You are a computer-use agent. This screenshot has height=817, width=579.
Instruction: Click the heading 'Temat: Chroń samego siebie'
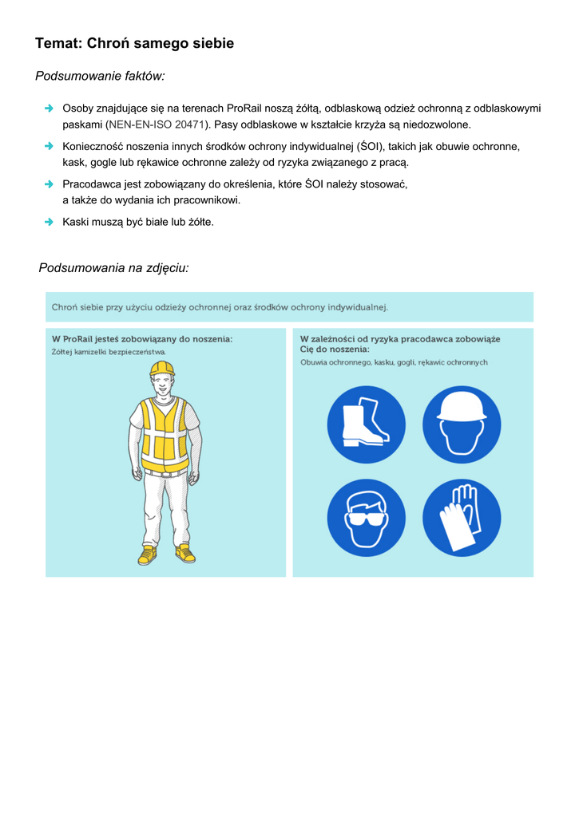click(134, 44)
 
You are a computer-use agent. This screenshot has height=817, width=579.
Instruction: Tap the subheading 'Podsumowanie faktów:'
click(100, 77)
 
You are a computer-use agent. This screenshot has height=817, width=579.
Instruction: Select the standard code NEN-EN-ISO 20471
click(157, 124)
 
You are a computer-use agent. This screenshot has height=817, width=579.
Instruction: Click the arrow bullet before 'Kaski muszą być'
click(49, 221)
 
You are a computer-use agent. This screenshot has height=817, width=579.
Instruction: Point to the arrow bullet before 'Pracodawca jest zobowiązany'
click(49, 184)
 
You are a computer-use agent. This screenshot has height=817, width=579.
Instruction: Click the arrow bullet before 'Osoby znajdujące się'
click(49, 108)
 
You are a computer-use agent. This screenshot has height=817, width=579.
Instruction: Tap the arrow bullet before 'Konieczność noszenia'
click(49, 146)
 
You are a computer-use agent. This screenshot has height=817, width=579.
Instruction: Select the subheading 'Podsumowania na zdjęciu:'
click(113, 268)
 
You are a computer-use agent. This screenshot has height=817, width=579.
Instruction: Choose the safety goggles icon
click(366, 518)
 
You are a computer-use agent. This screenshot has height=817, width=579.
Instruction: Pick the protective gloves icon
click(462, 518)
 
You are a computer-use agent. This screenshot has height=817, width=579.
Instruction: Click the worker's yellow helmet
click(162, 368)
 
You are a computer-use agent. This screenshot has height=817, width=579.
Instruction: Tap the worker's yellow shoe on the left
click(147, 555)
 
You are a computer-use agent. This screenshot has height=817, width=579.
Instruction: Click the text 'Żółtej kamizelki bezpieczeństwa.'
click(109, 351)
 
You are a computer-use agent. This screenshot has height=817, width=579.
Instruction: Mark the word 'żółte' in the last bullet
click(200, 222)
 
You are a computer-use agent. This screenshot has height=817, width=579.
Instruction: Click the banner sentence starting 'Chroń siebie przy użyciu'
click(220, 307)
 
